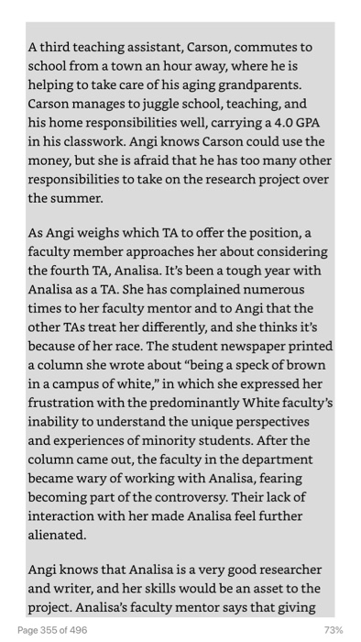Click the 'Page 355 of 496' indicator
point(52,630)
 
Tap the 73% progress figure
point(334,630)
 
